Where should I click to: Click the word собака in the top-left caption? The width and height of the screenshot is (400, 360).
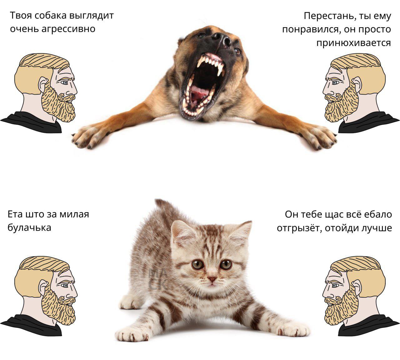(50, 16)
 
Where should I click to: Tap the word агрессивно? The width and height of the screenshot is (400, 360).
(68, 29)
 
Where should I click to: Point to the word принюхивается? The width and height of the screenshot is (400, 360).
(353, 43)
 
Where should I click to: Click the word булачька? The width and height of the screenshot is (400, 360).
(29, 227)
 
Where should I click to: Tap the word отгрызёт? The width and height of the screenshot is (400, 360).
(299, 228)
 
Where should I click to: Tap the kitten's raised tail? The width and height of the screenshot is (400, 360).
(167, 209)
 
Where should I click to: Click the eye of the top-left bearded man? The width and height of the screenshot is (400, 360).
(65, 82)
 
